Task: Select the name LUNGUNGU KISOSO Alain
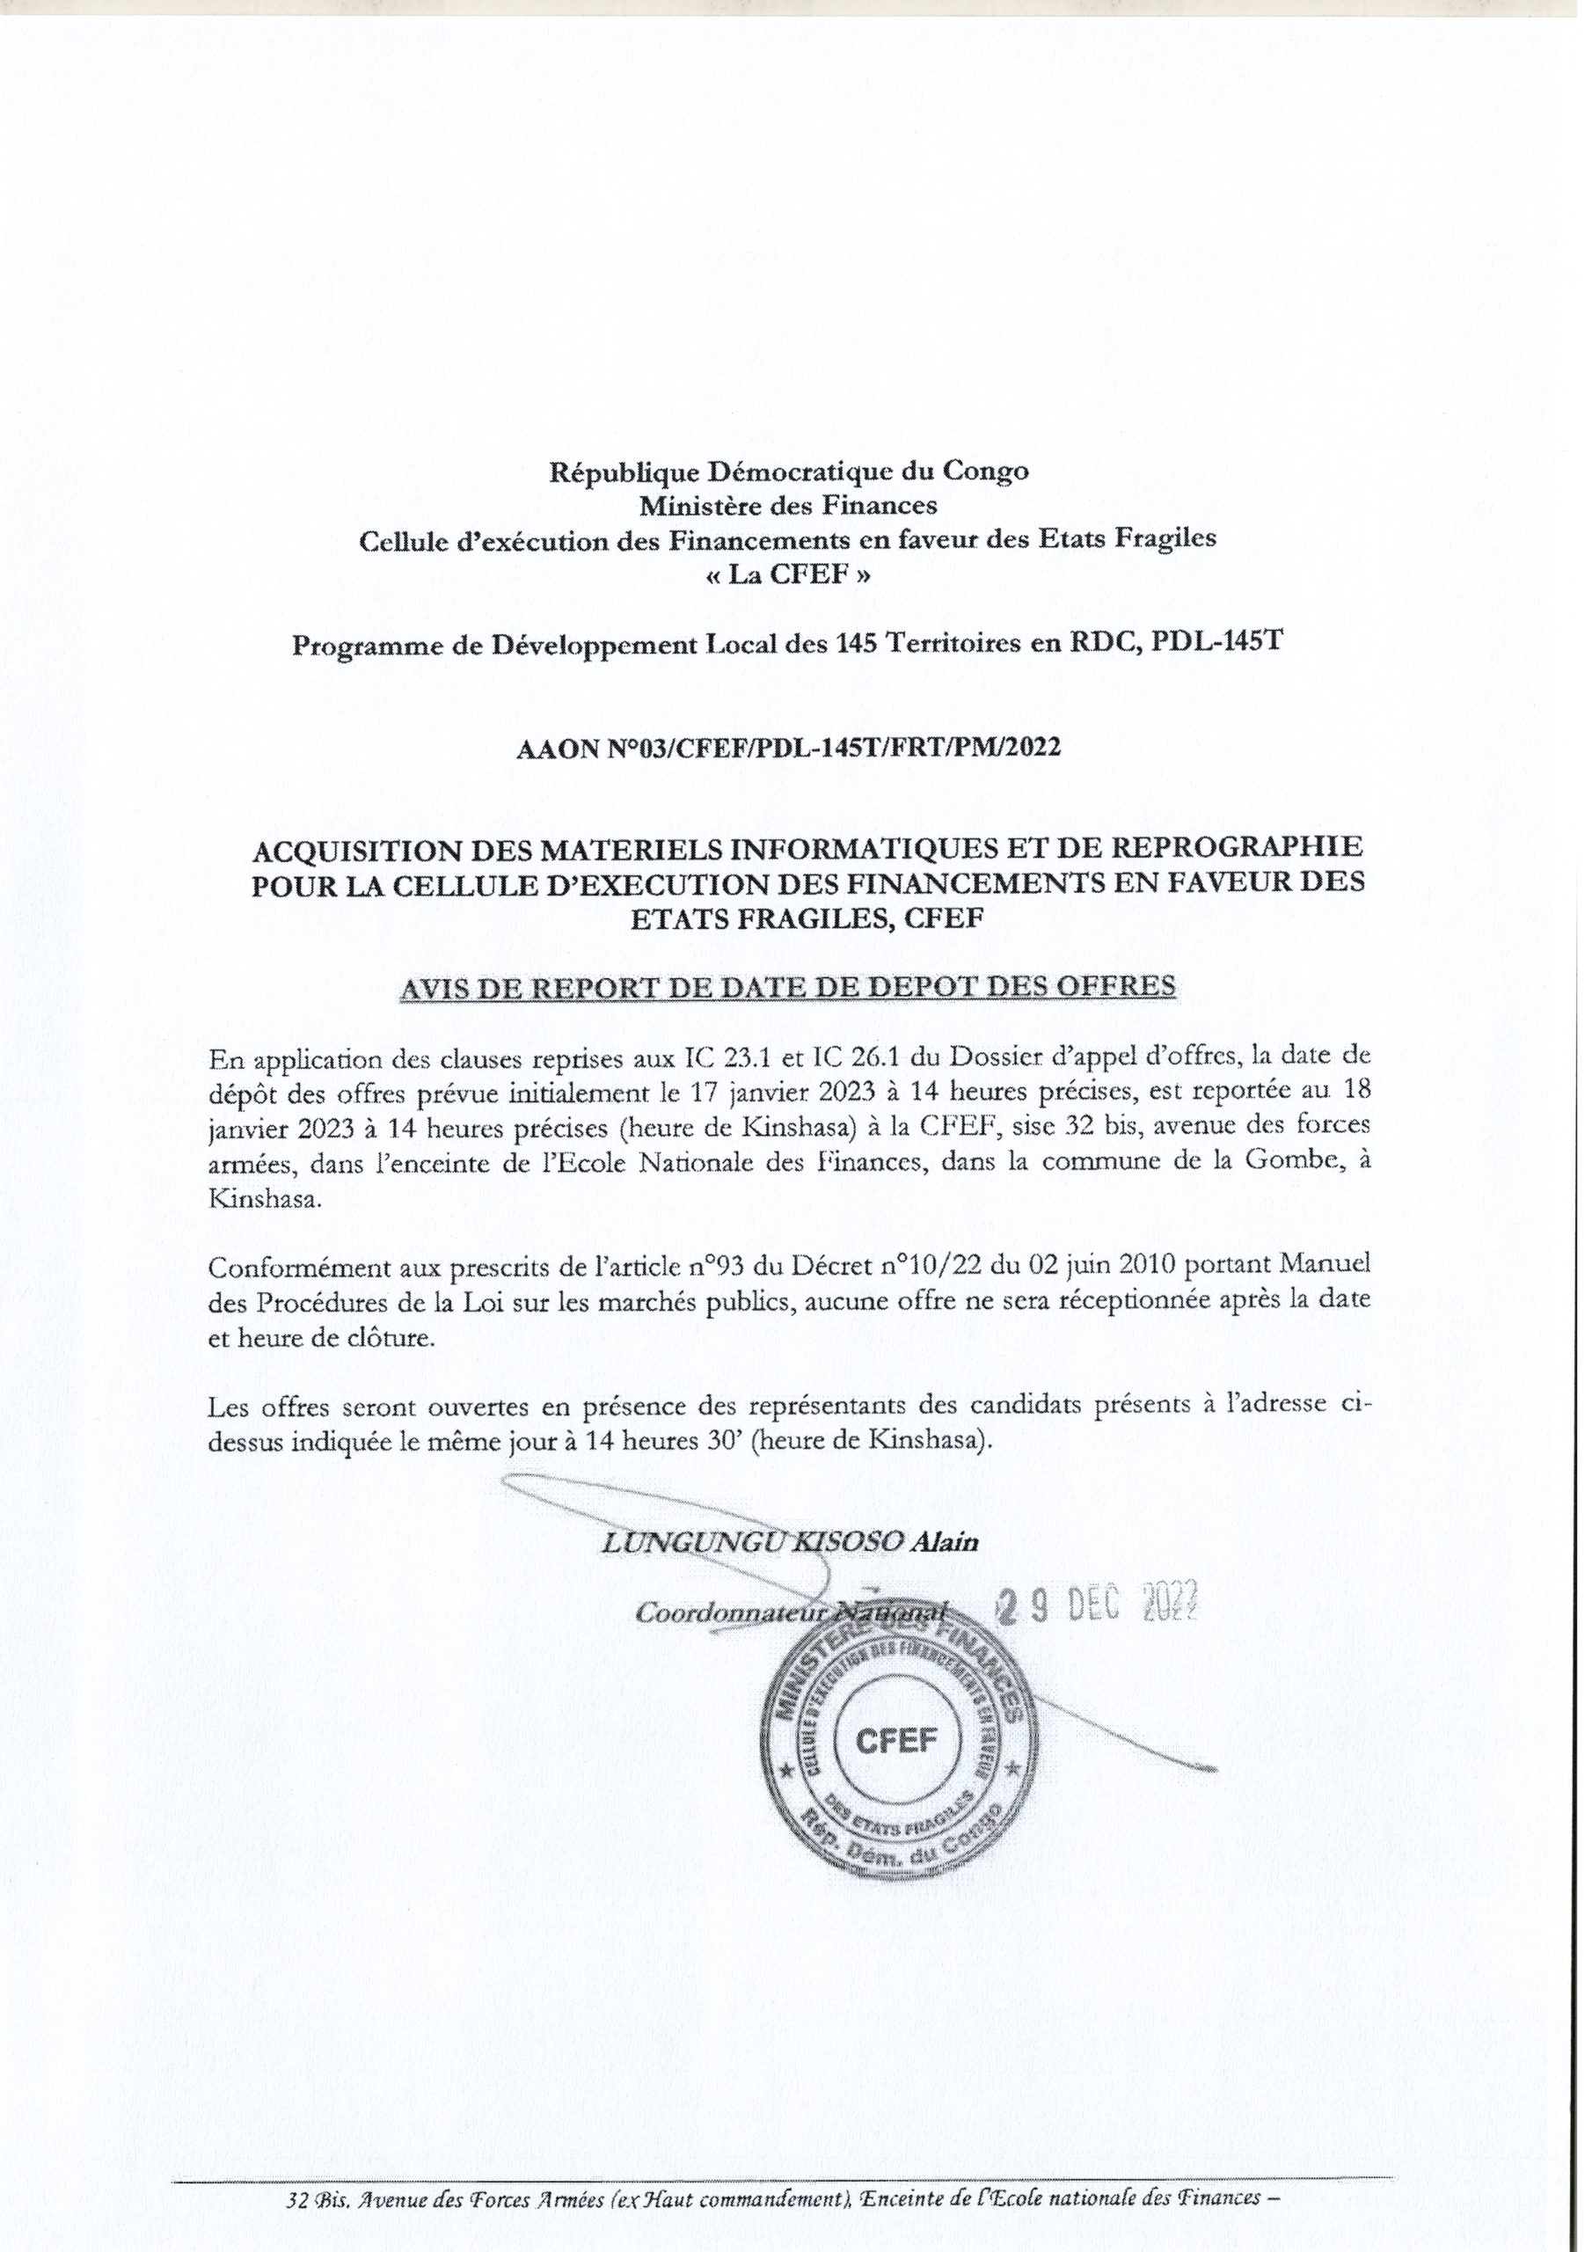[x=790, y=1542]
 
